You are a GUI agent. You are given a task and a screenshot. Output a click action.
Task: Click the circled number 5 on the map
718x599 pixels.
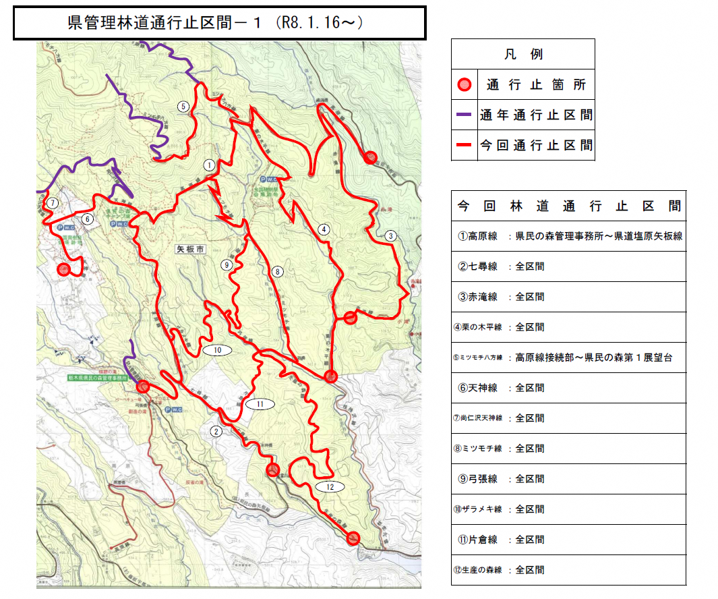click(x=182, y=106)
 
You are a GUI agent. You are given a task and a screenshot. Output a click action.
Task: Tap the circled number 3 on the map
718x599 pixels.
click(x=390, y=236)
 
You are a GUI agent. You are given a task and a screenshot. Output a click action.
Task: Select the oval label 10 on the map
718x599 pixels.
click(x=217, y=350)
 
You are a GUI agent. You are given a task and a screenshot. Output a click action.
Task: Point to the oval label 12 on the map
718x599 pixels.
click(x=330, y=486)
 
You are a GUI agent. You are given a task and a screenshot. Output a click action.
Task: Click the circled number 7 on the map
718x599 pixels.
click(x=52, y=202)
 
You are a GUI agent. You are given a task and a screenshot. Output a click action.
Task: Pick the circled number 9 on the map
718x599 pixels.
click(x=227, y=265)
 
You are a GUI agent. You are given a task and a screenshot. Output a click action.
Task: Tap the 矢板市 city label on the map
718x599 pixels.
click(x=189, y=248)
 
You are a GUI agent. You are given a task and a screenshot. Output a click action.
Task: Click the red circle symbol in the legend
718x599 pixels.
click(x=464, y=85)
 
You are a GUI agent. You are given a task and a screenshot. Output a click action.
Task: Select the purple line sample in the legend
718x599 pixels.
click(x=464, y=115)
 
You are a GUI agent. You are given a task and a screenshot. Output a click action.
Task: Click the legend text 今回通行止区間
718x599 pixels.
click(x=536, y=145)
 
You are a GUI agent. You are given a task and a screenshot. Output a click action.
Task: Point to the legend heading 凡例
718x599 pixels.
click(x=523, y=55)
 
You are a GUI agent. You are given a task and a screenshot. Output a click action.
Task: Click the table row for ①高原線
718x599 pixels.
click(x=568, y=236)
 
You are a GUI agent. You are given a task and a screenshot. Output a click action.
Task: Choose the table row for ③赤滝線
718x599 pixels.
click(x=568, y=297)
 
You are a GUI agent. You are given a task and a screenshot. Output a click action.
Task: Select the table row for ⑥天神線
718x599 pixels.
click(x=568, y=388)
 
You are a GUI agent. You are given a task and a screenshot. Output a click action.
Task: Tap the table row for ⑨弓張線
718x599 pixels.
click(x=568, y=479)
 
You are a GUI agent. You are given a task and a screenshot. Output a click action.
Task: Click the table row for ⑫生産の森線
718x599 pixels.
click(x=568, y=570)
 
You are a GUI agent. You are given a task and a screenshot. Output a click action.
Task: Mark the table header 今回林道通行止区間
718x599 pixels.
click(x=568, y=206)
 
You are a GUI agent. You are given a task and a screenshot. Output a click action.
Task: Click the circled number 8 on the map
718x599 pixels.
click(x=277, y=272)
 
